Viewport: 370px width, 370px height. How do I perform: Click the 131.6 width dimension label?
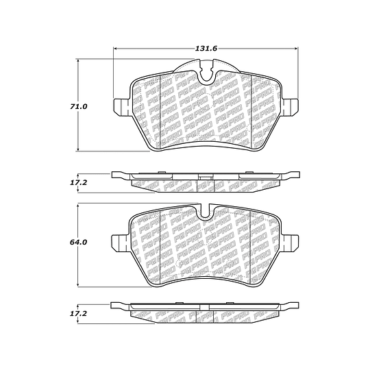206,49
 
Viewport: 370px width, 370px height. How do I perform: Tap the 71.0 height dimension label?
78,107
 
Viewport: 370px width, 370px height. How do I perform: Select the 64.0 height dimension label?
78,242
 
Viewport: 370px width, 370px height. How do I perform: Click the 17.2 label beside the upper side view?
78,183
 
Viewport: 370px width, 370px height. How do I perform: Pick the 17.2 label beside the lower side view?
78,314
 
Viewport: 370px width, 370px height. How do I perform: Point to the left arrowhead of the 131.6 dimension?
116,49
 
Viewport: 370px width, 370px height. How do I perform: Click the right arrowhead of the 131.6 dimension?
296,49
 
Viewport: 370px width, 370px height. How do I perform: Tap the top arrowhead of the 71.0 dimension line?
78,61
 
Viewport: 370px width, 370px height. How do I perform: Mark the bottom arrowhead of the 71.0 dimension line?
78,149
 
